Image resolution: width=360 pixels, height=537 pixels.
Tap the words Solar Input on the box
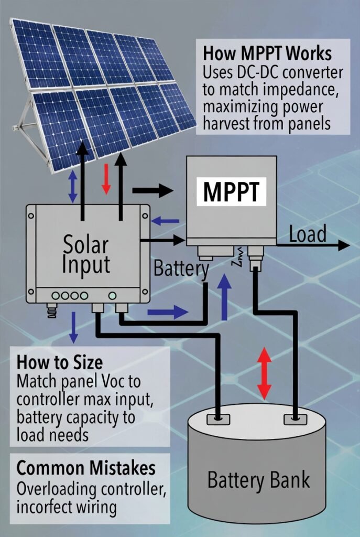point(86,255)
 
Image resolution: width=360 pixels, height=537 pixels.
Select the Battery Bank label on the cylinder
point(259,479)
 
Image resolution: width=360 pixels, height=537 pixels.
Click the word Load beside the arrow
point(308,234)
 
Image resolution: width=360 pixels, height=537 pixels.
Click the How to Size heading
point(60,362)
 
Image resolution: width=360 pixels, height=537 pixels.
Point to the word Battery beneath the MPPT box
point(181,269)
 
